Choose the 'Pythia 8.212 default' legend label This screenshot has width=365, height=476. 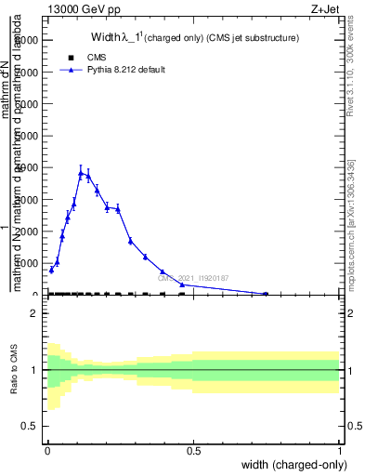click(127, 69)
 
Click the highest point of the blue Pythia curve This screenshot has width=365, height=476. click(81, 172)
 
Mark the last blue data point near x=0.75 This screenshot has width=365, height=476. click(266, 294)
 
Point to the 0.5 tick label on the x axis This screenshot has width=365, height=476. click(193, 452)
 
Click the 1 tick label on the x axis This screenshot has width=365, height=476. click(340, 452)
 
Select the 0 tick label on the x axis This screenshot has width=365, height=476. click(47, 452)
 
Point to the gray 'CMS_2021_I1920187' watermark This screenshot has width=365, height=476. click(193, 278)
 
